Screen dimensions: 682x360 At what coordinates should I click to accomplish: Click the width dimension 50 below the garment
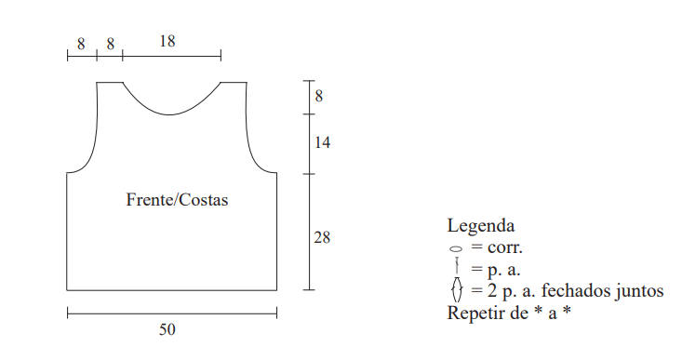pyautogui.click(x=167, y=329)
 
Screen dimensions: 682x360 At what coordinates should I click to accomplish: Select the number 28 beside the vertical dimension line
pyautogui.click(x=322, y=237)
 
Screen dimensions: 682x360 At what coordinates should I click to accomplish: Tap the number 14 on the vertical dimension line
pyautogui.click(x=322, y=142)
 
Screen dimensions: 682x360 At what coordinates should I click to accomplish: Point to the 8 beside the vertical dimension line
pyautogui.click(x=319, y=96)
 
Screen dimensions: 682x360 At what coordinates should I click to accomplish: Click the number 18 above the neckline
pyautogui.click(x=167, y=41)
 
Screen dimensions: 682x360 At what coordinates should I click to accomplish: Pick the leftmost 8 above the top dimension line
pyautogui.click(x=81, y=44)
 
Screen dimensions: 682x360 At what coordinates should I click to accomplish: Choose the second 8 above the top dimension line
pyautogui.click(x=110, y=44)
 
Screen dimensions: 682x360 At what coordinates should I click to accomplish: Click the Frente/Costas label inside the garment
pyautogui.click(x=177, y=200)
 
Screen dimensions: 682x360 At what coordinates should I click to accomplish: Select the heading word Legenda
pyautogui.click(x=481, y=226)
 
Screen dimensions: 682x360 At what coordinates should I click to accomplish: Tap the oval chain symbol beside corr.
pyautogui.click(x=456, y=249)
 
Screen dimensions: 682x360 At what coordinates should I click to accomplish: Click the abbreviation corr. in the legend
pyautogui.click(x=505, y=247)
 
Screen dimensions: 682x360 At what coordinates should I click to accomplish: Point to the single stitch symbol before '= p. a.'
pyautogui.click(x=457, y=265)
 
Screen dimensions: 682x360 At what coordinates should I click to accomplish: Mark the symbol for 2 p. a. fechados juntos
pyautogui.click(x=457, y=289)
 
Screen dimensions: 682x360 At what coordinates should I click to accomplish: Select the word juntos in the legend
pyautogui.click(x=639, y=291)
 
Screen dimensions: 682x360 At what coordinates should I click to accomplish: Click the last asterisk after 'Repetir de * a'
pyautogui.click(x=567, y=311)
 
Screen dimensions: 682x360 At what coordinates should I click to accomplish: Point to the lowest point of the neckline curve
pyautogui.click(x=168, y=114)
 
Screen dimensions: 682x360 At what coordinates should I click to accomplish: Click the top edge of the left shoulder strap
pyautogui.click(x=110, y=82)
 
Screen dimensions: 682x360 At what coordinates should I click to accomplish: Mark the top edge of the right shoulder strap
pyautogui.click(x=234, y=82)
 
